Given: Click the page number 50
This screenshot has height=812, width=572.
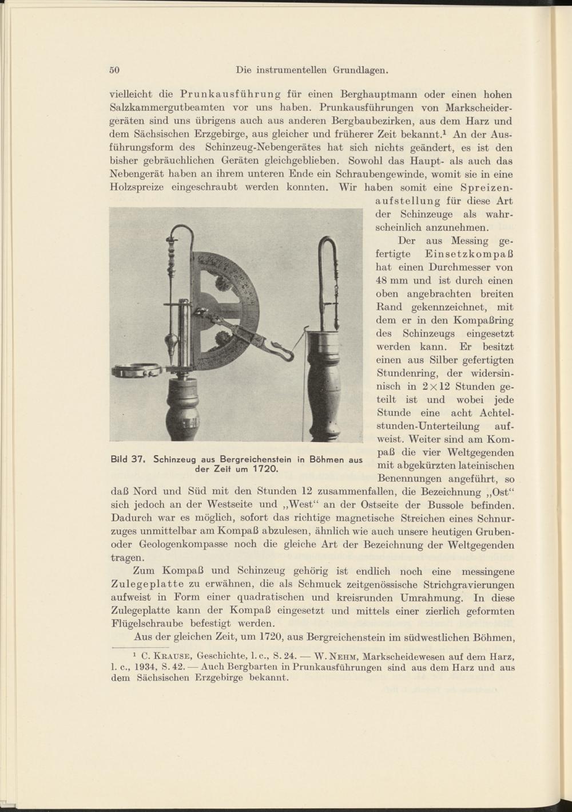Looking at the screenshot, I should (x=114, y=70).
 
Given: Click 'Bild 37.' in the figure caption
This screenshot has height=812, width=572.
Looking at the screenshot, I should (x=130, y=459).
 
